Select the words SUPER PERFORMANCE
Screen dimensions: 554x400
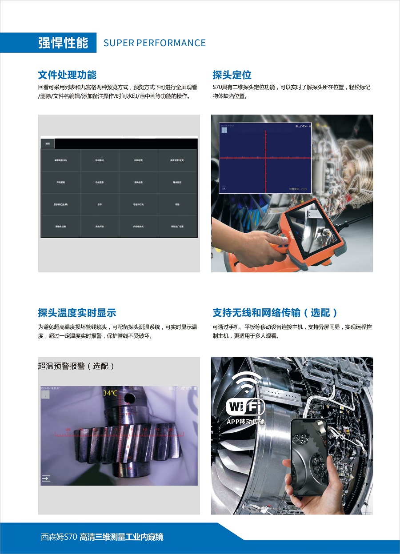click(x=154, y=43)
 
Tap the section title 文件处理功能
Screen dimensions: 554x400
click(x=67, y=75)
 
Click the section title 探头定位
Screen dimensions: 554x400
click(x=232, y=75)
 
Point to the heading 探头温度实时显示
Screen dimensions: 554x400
click(x=77, y=313)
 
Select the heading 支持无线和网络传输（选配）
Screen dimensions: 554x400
click(x=275, y=313)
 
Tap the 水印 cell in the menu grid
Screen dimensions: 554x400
click(x=100, y=204)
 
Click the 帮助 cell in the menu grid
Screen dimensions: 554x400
click(x=177, y=204)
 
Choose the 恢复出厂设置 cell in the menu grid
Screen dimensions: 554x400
click(x=177, y=227)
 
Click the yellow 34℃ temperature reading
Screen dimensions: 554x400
click(x=110, y=393)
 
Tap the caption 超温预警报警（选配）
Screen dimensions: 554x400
click(x=76, y=366)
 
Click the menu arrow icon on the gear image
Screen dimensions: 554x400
click(x=46, y=478)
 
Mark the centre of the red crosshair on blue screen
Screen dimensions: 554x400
click(x=265, y=158)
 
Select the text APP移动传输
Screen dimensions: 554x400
click(x=245, y=422)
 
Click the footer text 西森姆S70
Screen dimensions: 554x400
click(x=59, y=537)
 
